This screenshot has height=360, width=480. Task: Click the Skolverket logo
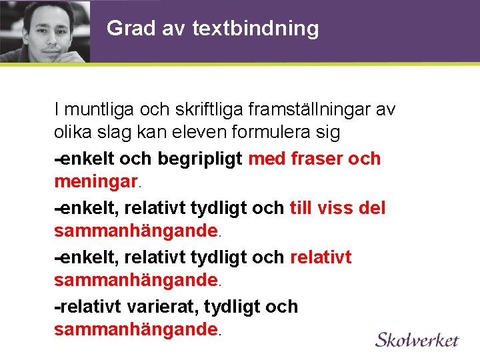[x=417, y=339]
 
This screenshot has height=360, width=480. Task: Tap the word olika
[x=73, y=133]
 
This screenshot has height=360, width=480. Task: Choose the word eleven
[x=201, y=133]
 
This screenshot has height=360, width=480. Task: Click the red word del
[x=372, y=207]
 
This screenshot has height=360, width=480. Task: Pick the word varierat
[x=165, y=307]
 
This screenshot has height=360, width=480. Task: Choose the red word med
[x=265, y=158]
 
